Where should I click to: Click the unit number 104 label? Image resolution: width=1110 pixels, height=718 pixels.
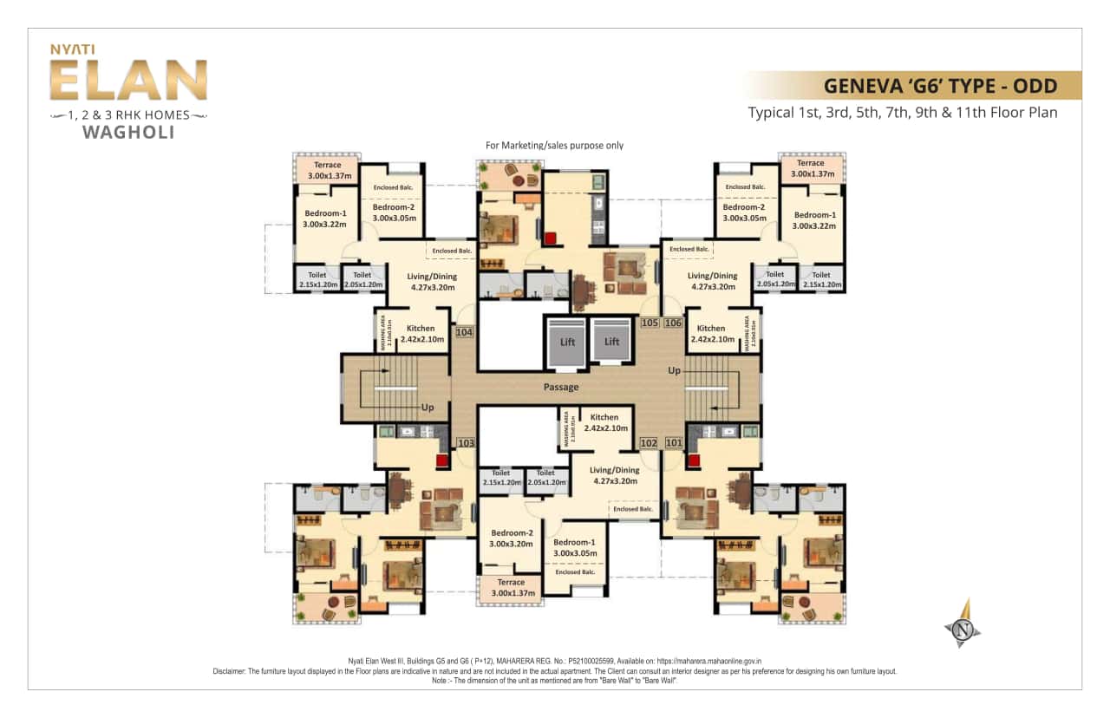coord(465,332)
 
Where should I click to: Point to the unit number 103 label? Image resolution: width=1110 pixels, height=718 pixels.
coord(466,443)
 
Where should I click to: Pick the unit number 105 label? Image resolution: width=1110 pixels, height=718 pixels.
coord(650,323)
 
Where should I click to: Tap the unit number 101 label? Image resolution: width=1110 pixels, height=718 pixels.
coord(674,443)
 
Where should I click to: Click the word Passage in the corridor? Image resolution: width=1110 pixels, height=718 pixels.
coord(561,387)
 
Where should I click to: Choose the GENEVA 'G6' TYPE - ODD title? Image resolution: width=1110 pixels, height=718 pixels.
coord(940,86)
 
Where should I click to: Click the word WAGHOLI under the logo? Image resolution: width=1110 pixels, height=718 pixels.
coord(127,133)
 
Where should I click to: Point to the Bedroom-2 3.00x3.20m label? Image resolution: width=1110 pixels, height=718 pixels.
coord(511,538)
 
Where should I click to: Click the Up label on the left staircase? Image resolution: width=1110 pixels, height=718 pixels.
coord(428,407)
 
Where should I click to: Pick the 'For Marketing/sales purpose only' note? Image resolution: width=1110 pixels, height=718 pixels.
coord(554,146)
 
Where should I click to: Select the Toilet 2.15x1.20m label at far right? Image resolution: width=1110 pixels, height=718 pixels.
coord(820,279)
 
